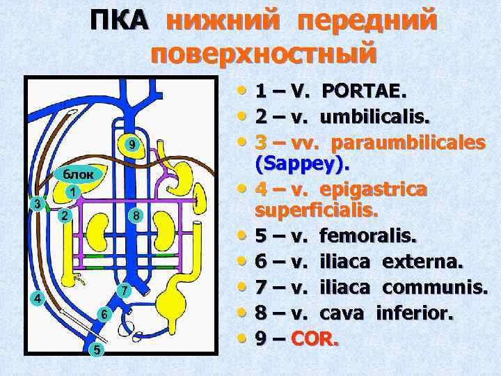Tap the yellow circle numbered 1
click(x=71, y=191)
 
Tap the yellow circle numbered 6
click(x=122, y=290)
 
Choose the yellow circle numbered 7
click(x=138, y=216)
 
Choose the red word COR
click(x=315, y=340)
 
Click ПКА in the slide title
click(x=120, y=21)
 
